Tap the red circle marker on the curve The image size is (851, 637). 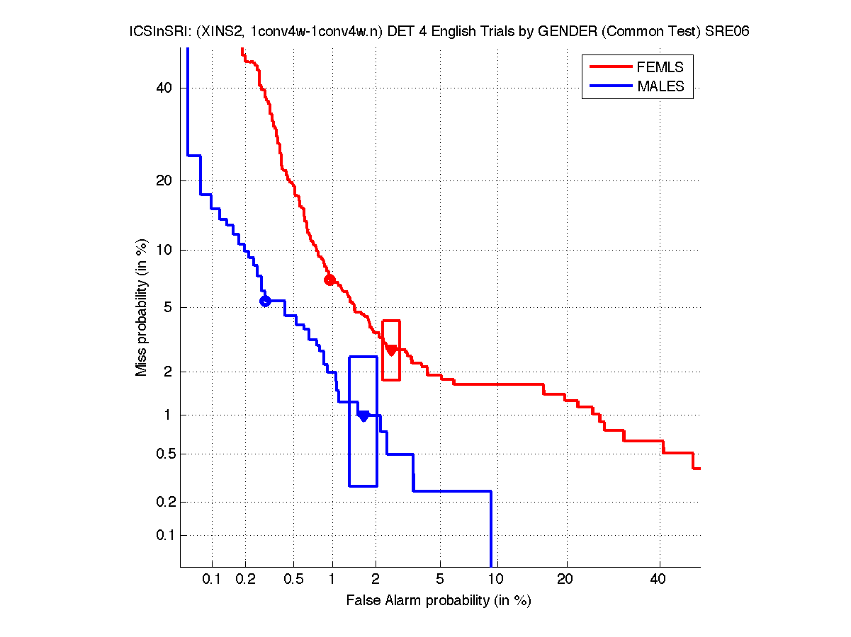pos(329,280)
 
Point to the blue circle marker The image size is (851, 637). pos(265,301)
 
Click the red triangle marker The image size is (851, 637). pos(391,350)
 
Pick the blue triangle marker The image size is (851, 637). pos(363,415)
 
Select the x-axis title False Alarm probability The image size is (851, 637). pos(439,601)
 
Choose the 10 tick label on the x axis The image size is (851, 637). pos(496,580)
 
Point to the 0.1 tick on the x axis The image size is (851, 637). pos(212,580)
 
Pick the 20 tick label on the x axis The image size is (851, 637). pos(565,580)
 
